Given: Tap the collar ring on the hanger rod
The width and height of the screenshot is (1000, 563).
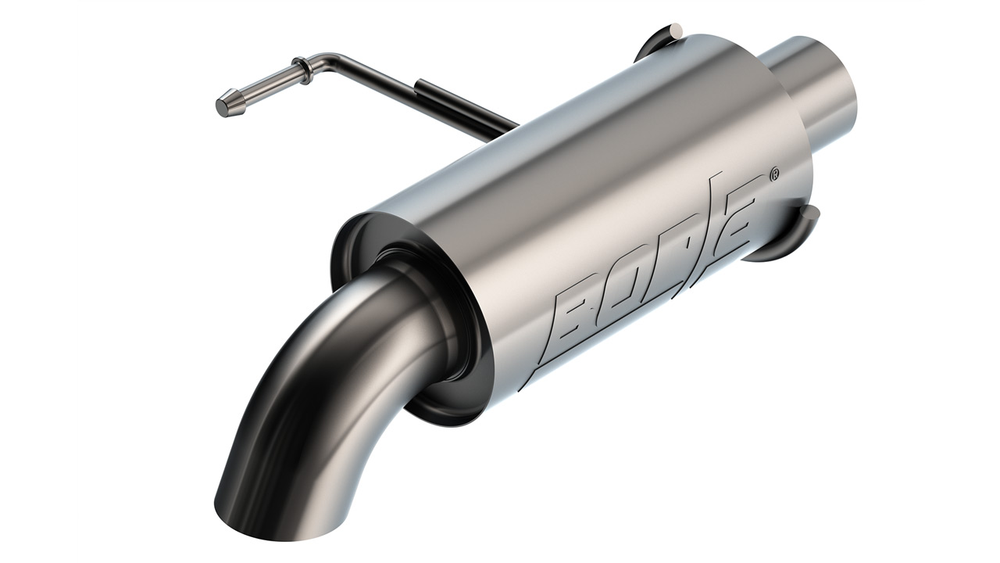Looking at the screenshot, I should pos(302,70).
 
